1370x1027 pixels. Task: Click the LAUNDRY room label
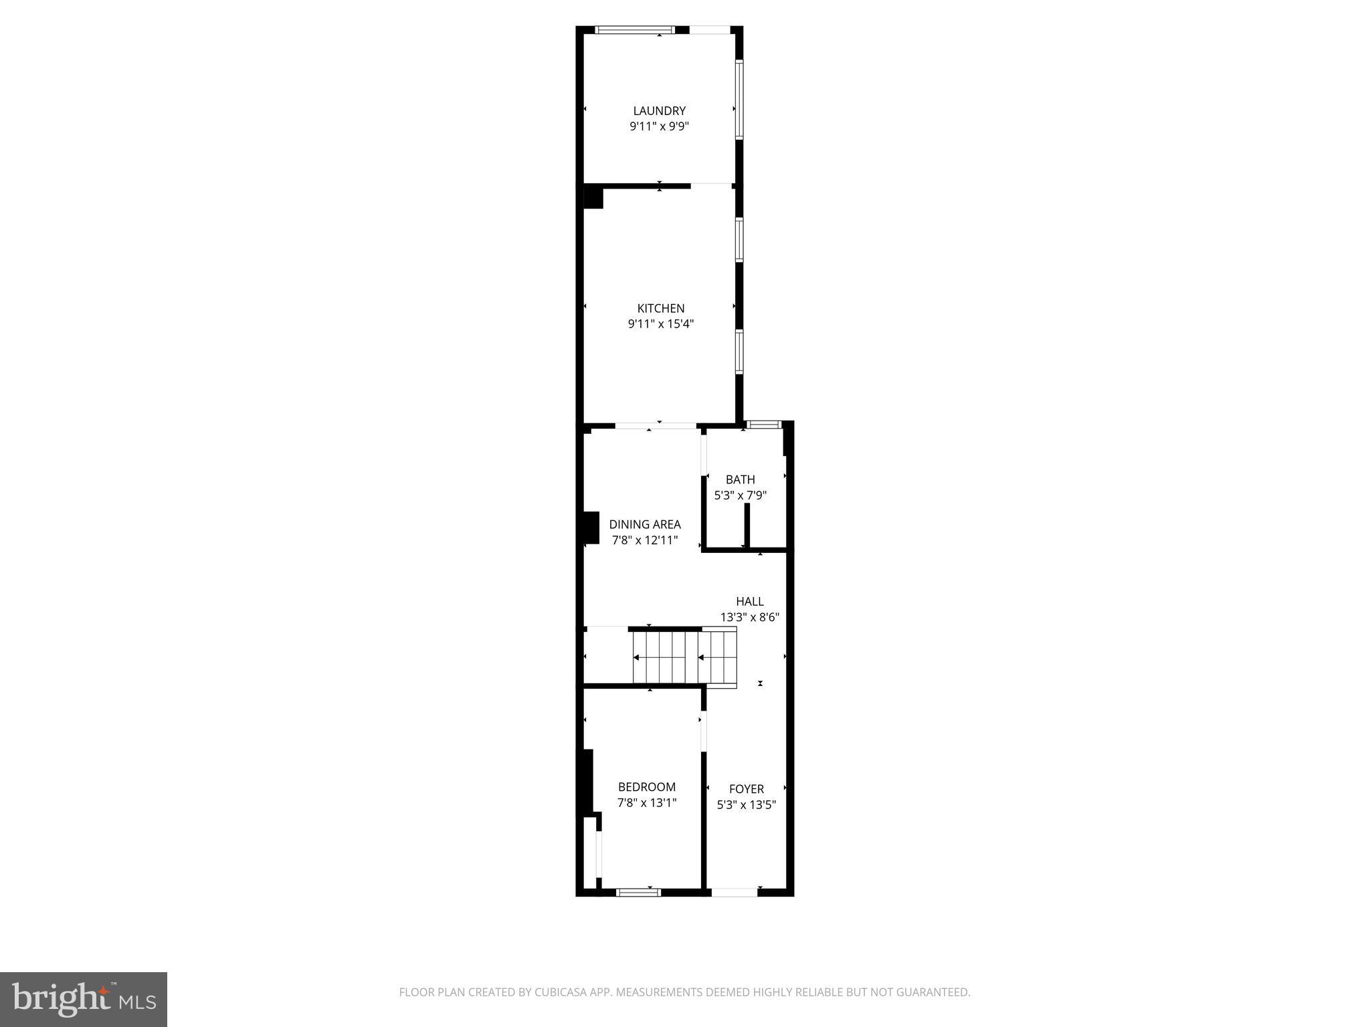tap(659, 111)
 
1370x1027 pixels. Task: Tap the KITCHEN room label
tap(660, 308)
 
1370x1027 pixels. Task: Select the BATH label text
tap(740, 479)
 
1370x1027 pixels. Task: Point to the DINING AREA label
tap(644, 524)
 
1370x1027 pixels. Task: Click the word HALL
tap(749, 601)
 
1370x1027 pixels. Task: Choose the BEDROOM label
tap(646, 787)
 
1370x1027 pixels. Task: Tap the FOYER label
tap(746, 789)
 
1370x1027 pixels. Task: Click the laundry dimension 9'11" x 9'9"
tap(659, 126)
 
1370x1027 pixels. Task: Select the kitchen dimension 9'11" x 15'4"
tap(660, 324)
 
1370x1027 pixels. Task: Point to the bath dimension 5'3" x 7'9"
tap(740, 495)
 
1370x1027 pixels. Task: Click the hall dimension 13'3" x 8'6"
tap(749, 617)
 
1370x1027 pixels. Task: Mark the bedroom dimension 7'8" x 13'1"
tap(646, 802)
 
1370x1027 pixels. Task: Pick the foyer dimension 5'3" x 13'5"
tap(746, 805)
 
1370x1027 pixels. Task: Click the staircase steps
tap(684, 657)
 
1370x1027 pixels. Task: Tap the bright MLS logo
tap(84, 1000)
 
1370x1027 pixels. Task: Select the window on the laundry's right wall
tap(739, 100)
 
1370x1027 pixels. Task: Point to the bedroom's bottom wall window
tap(638, 892)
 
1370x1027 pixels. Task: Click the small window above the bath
tap(763, 424)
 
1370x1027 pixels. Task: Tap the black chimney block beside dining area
tap(591, 528)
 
